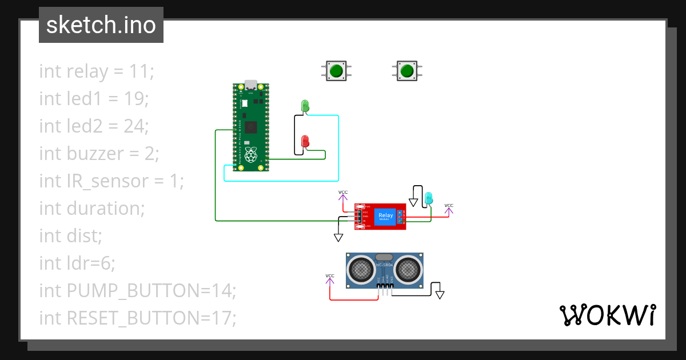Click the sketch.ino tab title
coord(101,25)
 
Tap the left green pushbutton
coord(336,71)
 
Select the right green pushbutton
coord(406,71)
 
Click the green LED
coord(305,106)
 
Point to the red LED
coord(305,141)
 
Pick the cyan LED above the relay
coord(428,198)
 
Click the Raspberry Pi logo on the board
coord(250,154)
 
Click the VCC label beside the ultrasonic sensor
coord(330,277)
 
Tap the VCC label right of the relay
coord(449,206)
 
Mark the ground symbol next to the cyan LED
coord(413,202)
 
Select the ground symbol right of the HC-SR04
coord(440,295)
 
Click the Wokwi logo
coord(607,315)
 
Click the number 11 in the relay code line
coord(142,71)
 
